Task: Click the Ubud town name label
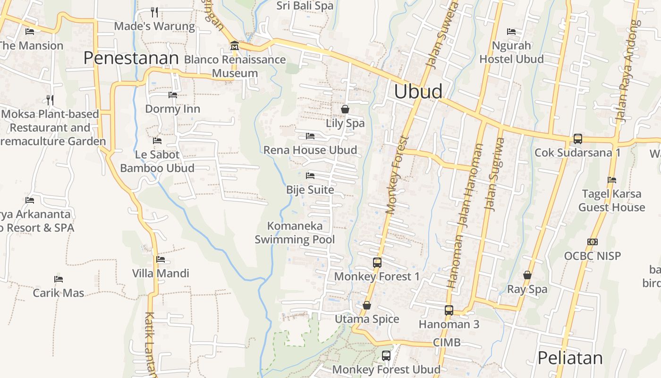[x=418, y=91]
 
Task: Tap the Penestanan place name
[x=131, y=58]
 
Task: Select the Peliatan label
[x=570, y=358]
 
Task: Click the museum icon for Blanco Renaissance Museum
[x=234, y=46]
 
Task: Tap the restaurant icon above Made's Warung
[x=154, y=11]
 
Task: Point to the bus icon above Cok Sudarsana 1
[x=578, y=138]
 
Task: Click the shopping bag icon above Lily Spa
[x=345, y=109]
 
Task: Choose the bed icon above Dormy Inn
[x=173, y=94]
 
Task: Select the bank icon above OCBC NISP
[x=593, y=242]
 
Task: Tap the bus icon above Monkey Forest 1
[x=377, y=262]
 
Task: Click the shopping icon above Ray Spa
[x=527, y=275]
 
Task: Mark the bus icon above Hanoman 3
[x=449, y=310]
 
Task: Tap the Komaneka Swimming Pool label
[x=295, y=232]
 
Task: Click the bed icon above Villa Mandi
[x=161, y=259]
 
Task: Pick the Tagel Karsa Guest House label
[x=611, y=200]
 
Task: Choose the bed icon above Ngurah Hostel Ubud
[x=511, y=32]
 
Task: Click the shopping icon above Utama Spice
[x=367, y=305]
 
